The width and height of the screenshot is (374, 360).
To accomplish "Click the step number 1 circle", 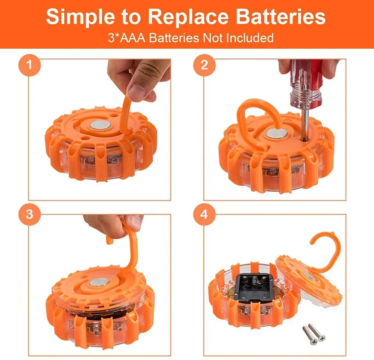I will tap(29, 65).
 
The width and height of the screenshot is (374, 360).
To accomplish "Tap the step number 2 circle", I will tap(204, 65).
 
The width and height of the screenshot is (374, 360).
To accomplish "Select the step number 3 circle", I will tap(29, 214).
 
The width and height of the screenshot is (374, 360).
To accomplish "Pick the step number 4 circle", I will tap(204, 214).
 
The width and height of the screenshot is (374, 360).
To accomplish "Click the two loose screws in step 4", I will tap(314, 333).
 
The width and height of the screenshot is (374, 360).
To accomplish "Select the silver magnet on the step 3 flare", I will tap(100, 281).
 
